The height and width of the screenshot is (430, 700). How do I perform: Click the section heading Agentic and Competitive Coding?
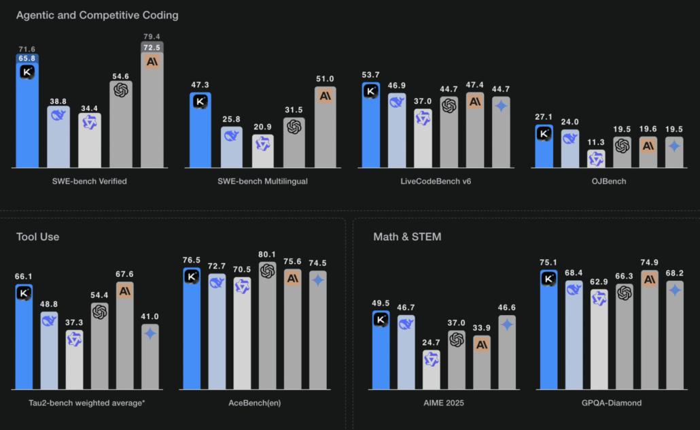[x=98, y=14]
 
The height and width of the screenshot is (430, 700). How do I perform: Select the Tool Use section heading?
[x=37, y=237]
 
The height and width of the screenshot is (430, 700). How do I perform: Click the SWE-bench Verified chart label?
[x=90, y=181]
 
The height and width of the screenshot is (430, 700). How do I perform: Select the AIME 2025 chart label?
[x=444, y=403]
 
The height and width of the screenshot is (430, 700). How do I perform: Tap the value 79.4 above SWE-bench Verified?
[x=152, y=36]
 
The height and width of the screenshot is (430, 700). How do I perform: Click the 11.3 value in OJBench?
[x=597, y=142]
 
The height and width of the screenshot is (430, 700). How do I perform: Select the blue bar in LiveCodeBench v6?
[x=370, y=129]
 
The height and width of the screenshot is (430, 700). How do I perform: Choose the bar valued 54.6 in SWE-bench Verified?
[x=121, y=126]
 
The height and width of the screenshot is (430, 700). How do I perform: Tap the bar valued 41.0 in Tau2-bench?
[x=150, y=357]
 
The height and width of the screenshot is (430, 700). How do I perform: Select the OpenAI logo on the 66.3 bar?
[x=625, y=292]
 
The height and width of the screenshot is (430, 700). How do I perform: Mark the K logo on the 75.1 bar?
[x=548, y=278]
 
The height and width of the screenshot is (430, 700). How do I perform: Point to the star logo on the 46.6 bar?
[x=507, y=325]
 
